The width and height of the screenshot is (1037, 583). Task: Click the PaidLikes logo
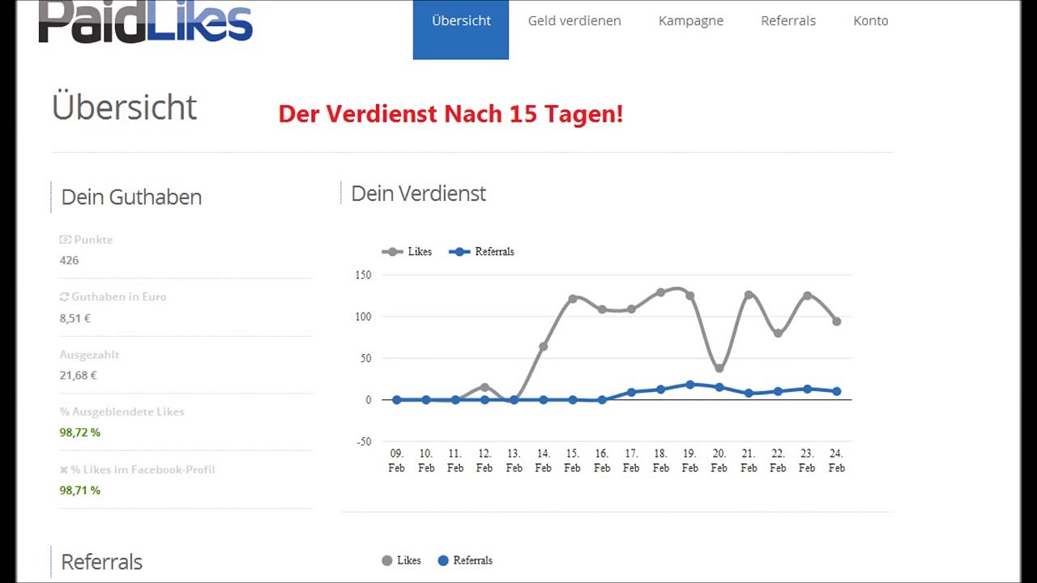(x=146, y=22)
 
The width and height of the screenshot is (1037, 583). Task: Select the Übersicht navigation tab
(x=461, y=21)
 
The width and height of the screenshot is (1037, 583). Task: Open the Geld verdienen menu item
(x=574, y=21)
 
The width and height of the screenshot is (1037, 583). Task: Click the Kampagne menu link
(x=691, y=21)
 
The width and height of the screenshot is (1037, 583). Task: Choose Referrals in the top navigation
(x=788, y=21)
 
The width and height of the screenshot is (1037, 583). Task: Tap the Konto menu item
(x=871, y=21)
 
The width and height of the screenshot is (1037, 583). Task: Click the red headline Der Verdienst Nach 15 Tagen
(x=450, y=113)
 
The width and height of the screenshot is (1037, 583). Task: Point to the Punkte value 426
(x=69, y=260)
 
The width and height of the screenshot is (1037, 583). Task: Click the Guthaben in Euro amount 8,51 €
(x=75, y=318)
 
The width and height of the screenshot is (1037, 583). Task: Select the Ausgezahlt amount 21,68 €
(x=78, y=376)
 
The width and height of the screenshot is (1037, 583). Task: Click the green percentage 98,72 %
(x=79, y=432)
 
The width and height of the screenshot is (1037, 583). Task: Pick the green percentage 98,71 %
(x=79, y=490)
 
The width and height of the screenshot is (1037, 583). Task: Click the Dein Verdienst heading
(x=418, y=194)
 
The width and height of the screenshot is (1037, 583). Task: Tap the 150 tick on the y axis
(x=362, y=275)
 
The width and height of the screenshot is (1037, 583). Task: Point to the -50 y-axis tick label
(x=362, y=441)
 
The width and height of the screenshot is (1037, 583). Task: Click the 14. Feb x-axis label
(x=543, y=461)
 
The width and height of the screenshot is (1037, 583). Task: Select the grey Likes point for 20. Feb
(x=719, y=368)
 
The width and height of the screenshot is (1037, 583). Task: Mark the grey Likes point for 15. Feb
(x=573, y=299)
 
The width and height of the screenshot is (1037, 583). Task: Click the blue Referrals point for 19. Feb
(x=690, y=385)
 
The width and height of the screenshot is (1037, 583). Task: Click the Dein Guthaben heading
(x=131, y=197)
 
